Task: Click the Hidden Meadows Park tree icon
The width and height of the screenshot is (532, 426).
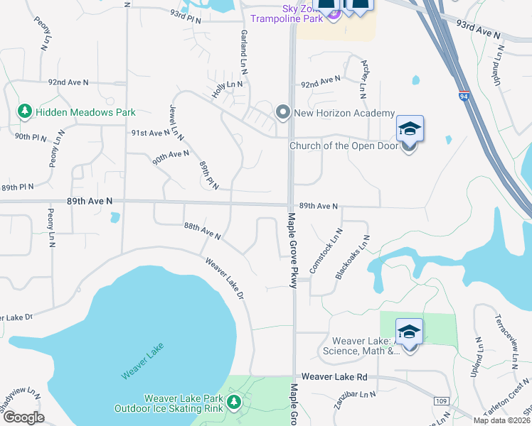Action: [25, 111]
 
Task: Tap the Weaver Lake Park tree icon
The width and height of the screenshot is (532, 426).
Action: [234, 404]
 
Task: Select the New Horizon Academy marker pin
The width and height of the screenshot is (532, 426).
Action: [283, 113]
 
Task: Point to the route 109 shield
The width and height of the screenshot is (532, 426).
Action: [441, 401]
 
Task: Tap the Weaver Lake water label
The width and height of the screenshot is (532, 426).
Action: [143, 361]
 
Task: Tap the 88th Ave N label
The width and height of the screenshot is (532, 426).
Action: [202, 231]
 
